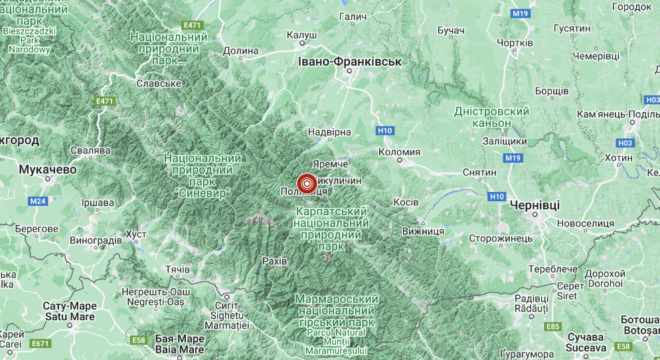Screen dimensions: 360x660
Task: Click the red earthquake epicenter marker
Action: pos(307,183)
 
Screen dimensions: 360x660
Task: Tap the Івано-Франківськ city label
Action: pos(350,62)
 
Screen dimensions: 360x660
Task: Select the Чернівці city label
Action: pos(535,205)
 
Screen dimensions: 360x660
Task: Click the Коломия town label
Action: pos(399,152)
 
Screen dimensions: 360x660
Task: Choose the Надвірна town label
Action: pos(330,132)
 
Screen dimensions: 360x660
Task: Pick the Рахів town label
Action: pos(275,261)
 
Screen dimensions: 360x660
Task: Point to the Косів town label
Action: pos(406,202)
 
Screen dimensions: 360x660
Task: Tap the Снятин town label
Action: pos(479,173)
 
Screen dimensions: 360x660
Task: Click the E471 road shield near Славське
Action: pos(105,101)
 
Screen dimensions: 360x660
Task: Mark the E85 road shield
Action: pos(552,326)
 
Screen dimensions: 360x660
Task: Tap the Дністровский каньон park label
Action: pos(491,118)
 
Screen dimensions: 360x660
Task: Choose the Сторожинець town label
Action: pos(501,238)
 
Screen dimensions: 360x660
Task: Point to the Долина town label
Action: pos(240,50)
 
